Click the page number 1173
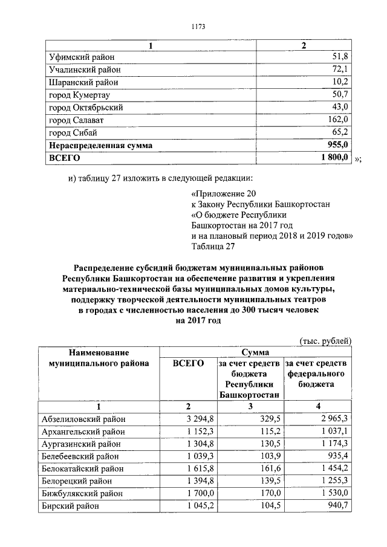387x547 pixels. coord(198,27)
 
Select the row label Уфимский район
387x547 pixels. coord(82,57)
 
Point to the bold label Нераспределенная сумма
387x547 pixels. coord(101,146)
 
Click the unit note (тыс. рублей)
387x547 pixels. coord(325,341)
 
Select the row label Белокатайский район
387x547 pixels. coord(82,468)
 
